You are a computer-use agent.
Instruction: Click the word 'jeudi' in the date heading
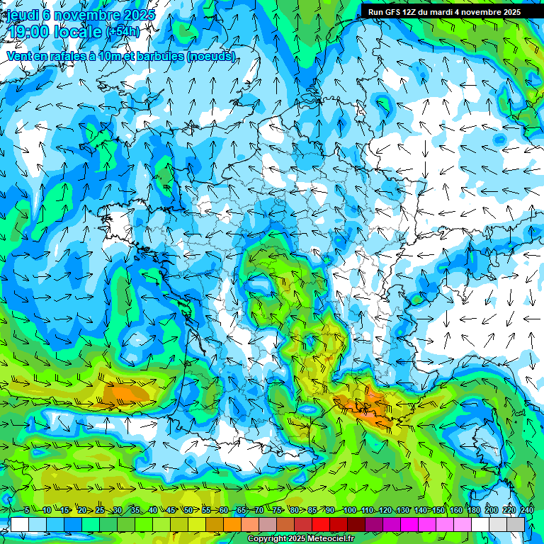click(23, 15)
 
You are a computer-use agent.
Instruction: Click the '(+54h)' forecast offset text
click(123, 32)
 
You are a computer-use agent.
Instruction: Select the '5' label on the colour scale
click(27, 511)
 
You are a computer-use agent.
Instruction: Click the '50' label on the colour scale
click(188, 511)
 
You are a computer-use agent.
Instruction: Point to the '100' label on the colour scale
click(349, 511)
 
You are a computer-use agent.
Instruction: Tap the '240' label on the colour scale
click(526, 511)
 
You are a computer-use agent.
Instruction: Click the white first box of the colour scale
click(20, 525)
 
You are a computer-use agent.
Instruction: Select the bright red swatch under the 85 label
click(321, 525)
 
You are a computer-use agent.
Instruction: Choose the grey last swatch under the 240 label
click(516, 525)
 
